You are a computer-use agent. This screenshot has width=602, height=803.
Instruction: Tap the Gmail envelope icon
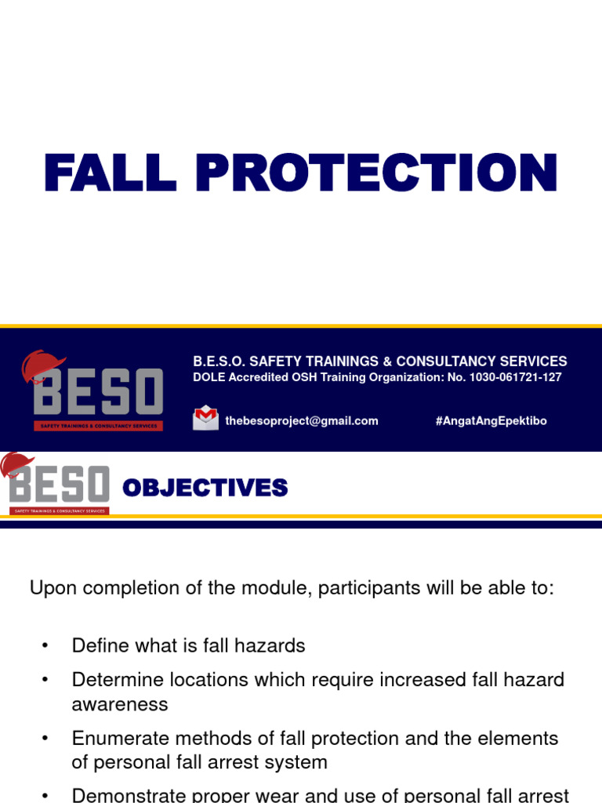[x=205, y=418]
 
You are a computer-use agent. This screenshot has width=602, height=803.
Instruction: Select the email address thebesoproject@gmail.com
[x=302, y=421]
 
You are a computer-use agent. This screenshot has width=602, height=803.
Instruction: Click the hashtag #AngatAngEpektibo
[x=491, y=421]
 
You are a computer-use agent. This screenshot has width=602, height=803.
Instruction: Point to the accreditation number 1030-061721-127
[x=515, y=377]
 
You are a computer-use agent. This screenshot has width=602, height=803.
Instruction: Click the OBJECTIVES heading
[x=205, y=489]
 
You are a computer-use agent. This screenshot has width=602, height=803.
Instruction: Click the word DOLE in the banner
[x=208, y=377]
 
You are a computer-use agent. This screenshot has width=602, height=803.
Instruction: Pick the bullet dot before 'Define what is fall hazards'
[x=45, y=646]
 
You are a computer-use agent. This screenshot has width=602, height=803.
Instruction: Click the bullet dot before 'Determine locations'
[x=45, y=680]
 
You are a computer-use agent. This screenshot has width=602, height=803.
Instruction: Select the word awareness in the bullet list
[x=120, y=704]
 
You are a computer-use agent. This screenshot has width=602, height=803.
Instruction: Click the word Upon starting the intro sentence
[x=49, y=589]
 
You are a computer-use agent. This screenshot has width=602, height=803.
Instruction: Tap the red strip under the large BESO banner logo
[x=98, y=426]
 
